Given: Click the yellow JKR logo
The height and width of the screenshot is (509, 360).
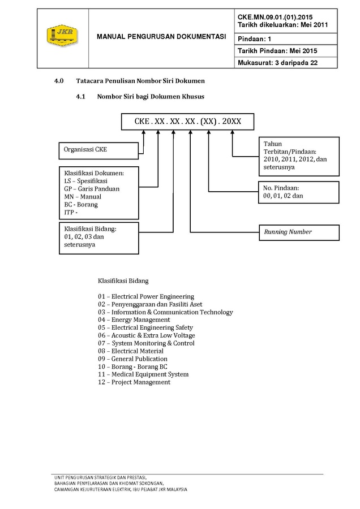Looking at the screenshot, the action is (62, 35).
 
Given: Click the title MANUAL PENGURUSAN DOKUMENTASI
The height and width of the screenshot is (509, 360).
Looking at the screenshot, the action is (161, 37).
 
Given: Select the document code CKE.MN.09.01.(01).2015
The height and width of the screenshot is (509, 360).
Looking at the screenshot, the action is (275, 17).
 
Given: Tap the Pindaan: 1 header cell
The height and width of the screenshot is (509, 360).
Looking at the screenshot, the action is (286, 39).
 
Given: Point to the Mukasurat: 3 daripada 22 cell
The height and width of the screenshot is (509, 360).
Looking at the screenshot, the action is (286, 63).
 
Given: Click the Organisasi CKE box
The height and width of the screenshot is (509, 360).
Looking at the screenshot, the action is (98, 150).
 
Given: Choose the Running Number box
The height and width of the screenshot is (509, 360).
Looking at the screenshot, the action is (299, 232).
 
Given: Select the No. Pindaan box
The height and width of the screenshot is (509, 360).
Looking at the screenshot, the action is (299, 192).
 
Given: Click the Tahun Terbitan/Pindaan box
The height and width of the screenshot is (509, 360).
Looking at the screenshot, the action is (299, 156).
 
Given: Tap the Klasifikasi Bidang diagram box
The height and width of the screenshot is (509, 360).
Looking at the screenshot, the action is (98, 238).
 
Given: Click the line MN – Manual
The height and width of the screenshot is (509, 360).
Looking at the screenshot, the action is (83, 197).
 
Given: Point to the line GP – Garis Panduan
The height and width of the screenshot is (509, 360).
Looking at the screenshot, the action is (92, 189).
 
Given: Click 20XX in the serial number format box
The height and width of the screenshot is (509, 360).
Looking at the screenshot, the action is (232, 122).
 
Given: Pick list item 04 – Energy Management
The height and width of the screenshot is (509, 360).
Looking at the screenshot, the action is (134, 320).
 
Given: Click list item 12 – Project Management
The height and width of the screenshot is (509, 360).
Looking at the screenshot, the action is (134, 382).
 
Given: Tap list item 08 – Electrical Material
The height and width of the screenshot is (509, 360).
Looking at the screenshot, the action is (131, 351).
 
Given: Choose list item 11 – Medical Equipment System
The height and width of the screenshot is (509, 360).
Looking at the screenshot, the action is (143, 374).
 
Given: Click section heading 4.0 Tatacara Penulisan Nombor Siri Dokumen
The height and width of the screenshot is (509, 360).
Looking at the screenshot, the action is (129, 81).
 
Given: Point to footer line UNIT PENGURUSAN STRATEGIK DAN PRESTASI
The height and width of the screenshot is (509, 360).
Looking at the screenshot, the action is (100, 477).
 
